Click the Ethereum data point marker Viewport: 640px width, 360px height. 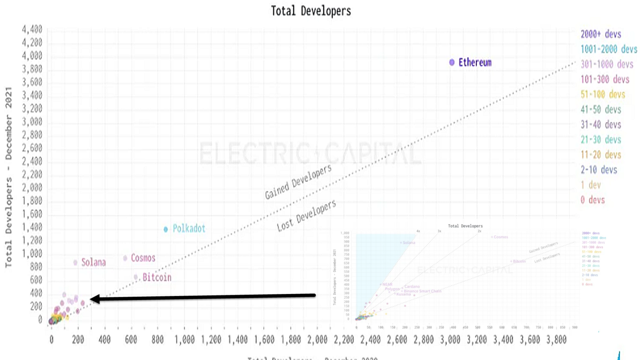click(x=452, y=62)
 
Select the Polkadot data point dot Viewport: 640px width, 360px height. click(x=166, y=229)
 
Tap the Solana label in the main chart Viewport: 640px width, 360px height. click(x=94, y=262)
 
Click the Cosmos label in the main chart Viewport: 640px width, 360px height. click(x=143, y=258)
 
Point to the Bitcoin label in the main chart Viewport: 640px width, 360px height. click(x=157, y=277)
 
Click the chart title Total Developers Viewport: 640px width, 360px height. click(x=311, y=11)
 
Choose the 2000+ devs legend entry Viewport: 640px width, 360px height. click(x=601, y=34)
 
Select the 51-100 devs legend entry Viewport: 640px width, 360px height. click(x=603, y=94)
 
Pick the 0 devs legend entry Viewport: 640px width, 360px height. click(x=593, y=200)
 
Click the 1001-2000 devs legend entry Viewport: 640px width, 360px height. click(x=609, y=49)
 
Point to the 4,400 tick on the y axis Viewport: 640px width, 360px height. click(x=32, y=30)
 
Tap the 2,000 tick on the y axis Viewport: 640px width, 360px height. click(x=32, y=188)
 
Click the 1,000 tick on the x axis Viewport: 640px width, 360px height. click(x=184, y=340)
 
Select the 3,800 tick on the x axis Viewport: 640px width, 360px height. click(x=556, y=340)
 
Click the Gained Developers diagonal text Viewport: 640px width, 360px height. click(x=298, y=182)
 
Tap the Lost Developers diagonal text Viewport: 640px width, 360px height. click(x=306, y=216)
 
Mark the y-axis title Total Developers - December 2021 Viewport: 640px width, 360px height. click(x=8, y=177)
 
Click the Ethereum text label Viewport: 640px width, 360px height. click(x=475, y=62)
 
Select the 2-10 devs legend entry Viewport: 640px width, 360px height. click(x=599, y=170)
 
